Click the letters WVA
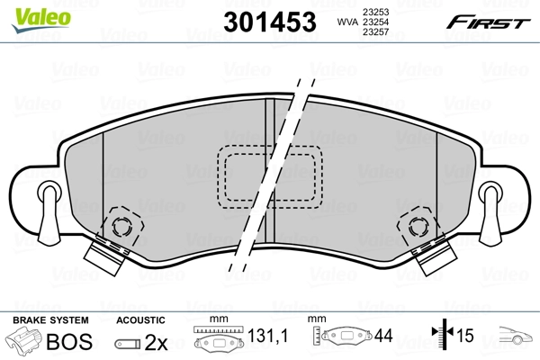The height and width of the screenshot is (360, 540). [346, 22]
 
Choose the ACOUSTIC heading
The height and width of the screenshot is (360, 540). [140, 320]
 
